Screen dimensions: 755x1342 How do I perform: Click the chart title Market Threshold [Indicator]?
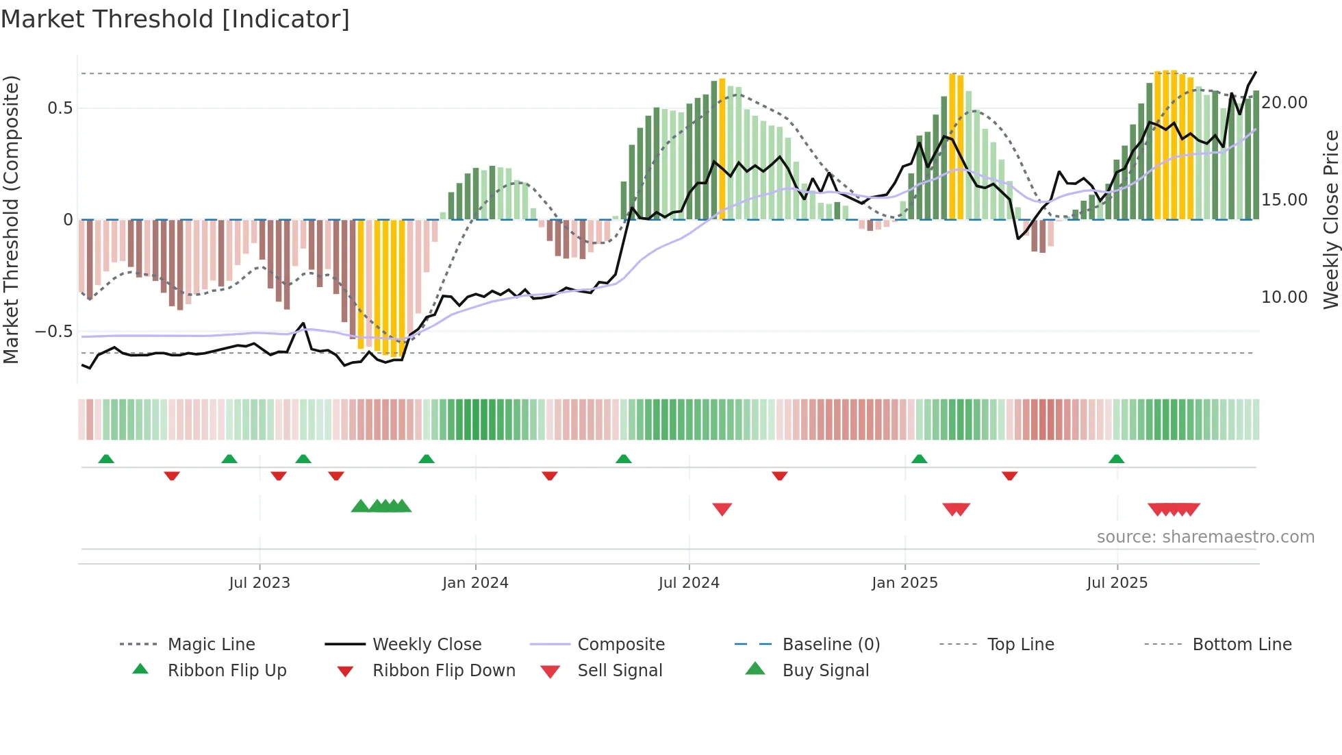click(x=175, y=19)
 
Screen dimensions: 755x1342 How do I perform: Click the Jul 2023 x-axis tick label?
click(x=259, y=583)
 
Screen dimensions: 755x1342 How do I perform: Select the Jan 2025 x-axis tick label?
click(x=904, y=583)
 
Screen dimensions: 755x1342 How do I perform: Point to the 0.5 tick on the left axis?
click(x=60, y=108)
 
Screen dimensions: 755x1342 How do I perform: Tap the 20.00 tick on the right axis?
click(x=1284, y=103)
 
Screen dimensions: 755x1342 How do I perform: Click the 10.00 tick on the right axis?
click(x=1284, y=297)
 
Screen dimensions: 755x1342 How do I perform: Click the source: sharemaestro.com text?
click(x=1205, y=537)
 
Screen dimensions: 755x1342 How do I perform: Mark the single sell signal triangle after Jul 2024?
click(x=722, y=509)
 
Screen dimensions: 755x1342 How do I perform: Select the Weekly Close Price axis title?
click(x=1330, y=219)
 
